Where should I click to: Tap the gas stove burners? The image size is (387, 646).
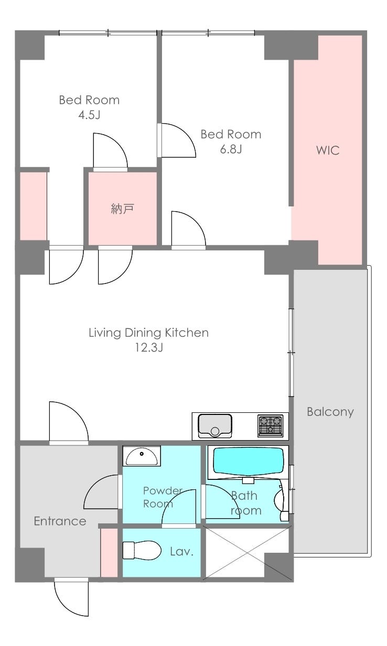270,425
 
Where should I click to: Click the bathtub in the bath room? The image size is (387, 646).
248,461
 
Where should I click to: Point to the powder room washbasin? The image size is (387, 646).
142,456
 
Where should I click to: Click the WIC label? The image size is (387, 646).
328,150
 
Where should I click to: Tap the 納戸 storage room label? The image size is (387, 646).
122,209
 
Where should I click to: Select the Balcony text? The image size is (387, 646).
330,411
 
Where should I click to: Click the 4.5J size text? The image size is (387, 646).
90,115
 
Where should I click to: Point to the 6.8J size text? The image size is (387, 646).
231,149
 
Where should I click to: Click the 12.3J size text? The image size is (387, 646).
149,348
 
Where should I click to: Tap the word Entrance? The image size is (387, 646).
60,521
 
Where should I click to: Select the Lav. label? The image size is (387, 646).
181,551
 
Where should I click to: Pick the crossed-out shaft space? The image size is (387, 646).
248,553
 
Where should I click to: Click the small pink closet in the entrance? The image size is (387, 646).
109,553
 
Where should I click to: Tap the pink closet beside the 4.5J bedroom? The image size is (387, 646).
34,206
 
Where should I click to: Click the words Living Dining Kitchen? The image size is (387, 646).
148,333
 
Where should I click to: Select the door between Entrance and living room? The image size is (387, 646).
69,421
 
